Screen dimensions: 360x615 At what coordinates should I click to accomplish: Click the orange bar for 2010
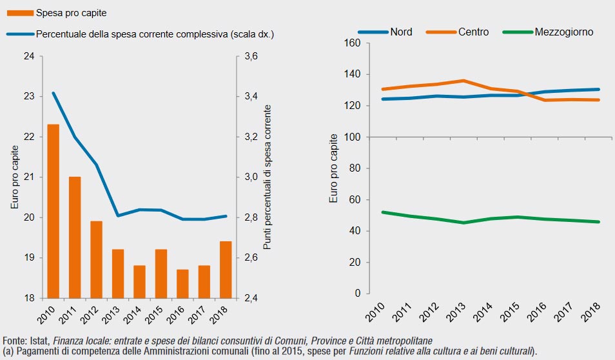click(x=54, y=211)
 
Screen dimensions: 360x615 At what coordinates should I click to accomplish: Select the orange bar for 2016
click(x=182, y=284)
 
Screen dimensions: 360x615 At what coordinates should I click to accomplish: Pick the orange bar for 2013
click(x=118, y=274)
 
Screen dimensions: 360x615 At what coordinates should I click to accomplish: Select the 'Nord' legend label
click(x=400, y=32)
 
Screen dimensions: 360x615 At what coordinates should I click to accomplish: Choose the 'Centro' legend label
click(x=474, y=32)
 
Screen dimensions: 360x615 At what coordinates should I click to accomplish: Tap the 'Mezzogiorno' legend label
click(x=563, y=32)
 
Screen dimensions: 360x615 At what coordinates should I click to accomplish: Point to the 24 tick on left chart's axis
click(x=29, y=56)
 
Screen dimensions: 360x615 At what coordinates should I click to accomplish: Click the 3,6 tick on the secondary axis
click(x=251, y=56)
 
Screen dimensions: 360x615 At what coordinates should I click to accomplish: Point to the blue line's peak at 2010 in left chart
click(x=54, y=93)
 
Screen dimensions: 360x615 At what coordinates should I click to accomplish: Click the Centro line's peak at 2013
click(x=464, y=81)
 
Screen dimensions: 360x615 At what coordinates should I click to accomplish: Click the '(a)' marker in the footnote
click(x=8, y=350)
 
